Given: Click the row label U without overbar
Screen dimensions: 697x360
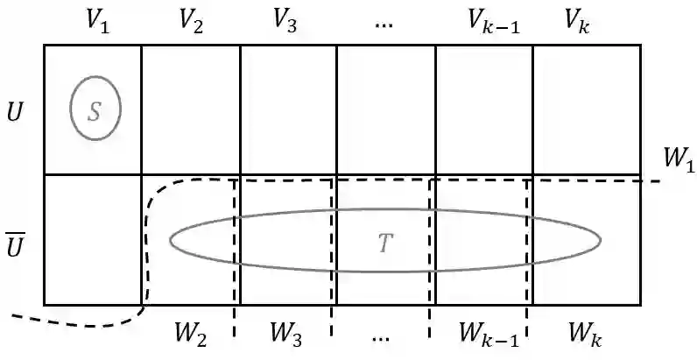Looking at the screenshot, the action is tap(16, 113).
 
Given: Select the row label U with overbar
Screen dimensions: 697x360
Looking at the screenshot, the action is tap(16, 244).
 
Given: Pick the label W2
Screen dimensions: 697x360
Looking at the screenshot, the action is tap(189, 334).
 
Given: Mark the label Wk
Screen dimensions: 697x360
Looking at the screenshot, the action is tap(585, 334).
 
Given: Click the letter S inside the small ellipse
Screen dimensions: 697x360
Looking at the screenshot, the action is tap(95, 109).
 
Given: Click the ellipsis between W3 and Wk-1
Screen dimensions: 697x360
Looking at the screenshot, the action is tap(383, 335).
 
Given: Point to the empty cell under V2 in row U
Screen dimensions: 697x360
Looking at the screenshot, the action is tap(190, 109).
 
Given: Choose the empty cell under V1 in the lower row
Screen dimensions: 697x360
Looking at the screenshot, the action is tap(92, 239).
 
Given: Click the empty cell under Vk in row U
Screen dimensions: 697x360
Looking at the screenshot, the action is tap(587, 109).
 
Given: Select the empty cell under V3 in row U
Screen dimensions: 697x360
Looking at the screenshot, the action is tap(288, 109).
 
